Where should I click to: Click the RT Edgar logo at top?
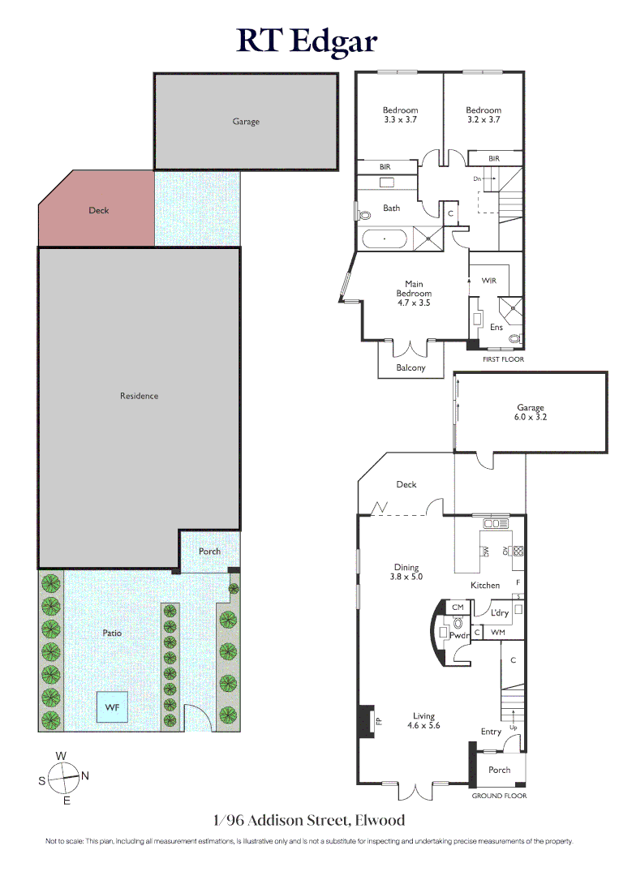coord(307,41)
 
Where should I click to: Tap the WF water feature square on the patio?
coord(112,707)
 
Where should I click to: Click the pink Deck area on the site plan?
coord(96,208)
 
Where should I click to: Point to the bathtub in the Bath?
coord(385,239)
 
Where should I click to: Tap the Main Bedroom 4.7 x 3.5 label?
coord(414,294)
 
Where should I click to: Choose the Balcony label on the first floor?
coord(411,367)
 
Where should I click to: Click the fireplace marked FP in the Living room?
coord(367,721)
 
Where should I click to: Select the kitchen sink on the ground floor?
coord(496,523)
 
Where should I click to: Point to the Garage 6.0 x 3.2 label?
coord(531,412)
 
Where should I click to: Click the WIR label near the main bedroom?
coord(489,281)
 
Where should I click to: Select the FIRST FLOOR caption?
coord(503,359)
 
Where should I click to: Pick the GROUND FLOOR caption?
coord(499,796)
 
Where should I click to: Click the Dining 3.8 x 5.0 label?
coord(406,572)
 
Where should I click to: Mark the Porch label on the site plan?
coord(209,551)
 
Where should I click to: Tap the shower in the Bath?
coord(428,238)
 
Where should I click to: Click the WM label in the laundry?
coord(498,633)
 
